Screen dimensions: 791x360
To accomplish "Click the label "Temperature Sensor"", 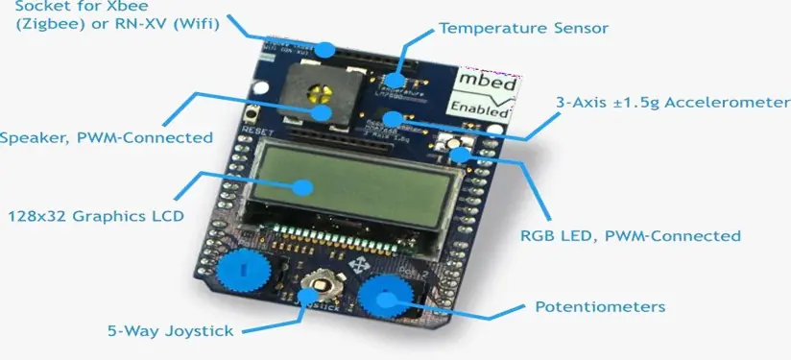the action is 523,28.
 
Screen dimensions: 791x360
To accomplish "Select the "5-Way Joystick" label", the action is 170,332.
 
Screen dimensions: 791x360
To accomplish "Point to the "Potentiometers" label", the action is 600,307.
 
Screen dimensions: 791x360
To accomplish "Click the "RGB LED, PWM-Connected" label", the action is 630,235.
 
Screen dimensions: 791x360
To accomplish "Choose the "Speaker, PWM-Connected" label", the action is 106,137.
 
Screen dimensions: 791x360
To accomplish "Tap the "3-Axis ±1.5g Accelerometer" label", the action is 672,103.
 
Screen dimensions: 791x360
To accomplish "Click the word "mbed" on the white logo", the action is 486,82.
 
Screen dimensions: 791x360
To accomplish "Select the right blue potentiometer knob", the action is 385,298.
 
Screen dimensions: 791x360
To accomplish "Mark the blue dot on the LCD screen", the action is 305,188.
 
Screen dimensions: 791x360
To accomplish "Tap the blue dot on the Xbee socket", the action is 327,48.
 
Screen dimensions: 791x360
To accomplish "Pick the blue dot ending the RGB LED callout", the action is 463,153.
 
